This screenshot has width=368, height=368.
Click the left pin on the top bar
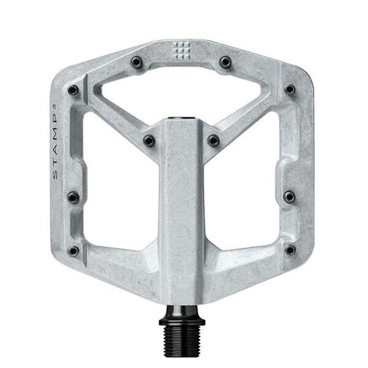(x=137, y=63)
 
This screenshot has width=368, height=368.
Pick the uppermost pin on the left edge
(x=74, y=90)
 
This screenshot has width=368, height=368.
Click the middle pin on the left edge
(x=73, y=197)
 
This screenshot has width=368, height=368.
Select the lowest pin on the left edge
(x=74, y=251)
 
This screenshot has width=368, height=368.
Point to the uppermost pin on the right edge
(x=289, y=89)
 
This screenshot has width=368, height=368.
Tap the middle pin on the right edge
(x=289, y=197)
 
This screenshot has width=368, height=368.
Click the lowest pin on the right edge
(x=290, y=250)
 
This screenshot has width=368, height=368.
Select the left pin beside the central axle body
(x=149, y=141)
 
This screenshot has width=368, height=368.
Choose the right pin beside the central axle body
(x=213, y=141)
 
